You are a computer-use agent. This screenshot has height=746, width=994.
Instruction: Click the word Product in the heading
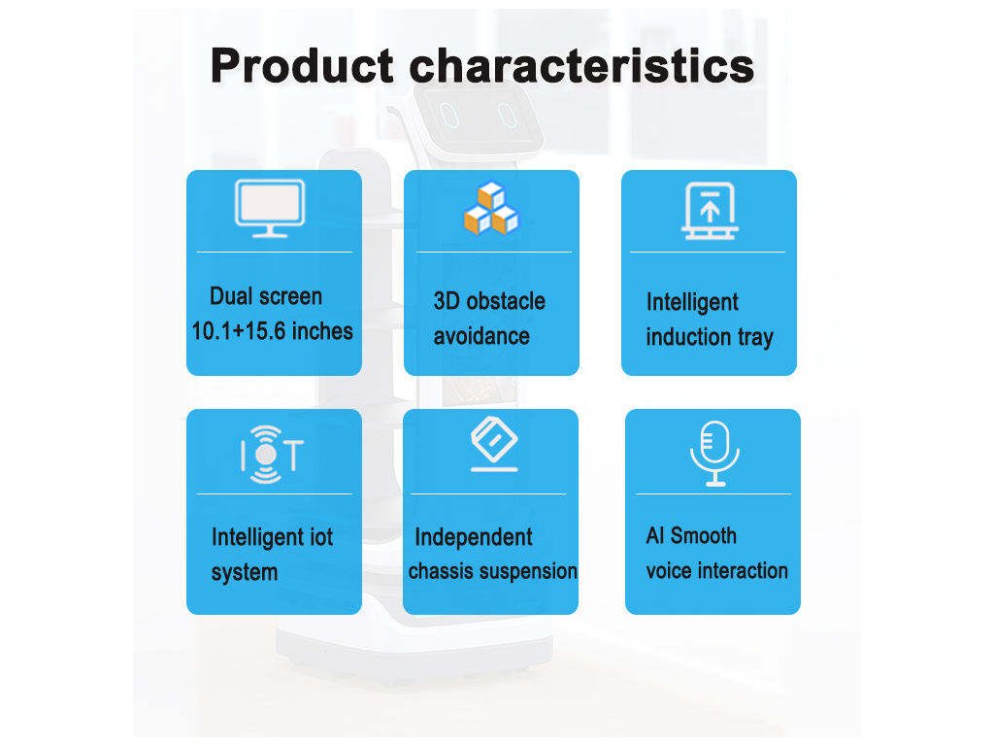click(302, 66)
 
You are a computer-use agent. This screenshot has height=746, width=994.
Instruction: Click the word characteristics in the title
click(582, 66)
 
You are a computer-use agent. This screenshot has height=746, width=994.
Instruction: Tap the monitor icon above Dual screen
click(270, 209)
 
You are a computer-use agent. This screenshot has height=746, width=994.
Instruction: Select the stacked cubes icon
click(491, 209)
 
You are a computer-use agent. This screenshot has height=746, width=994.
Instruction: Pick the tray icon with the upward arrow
click(710, 211)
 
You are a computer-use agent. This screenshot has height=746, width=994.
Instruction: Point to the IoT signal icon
click(272, 455)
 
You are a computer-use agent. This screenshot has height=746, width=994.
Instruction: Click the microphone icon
click(715, 454)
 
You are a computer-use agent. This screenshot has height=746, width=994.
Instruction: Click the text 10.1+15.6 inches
click(272, 331)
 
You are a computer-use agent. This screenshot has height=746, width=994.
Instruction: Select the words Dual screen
click(266, 296)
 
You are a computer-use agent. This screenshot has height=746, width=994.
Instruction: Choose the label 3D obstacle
click(489, 301)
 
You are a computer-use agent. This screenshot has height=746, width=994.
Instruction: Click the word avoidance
click(481, 336)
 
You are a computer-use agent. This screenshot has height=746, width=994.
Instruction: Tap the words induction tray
click(710, 337)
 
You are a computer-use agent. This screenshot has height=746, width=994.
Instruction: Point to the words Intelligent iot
click(272, 538)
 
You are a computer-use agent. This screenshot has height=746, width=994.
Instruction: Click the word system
click(244, 573)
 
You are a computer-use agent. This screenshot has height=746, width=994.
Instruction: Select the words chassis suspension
click(492, 571)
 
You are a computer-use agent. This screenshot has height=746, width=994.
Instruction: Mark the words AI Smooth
click(691, 536)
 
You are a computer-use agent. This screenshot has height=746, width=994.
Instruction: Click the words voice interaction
click(717, 571)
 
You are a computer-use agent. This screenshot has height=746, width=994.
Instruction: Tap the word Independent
click(474, 538)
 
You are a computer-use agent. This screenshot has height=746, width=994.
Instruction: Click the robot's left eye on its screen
click(449, 115)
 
